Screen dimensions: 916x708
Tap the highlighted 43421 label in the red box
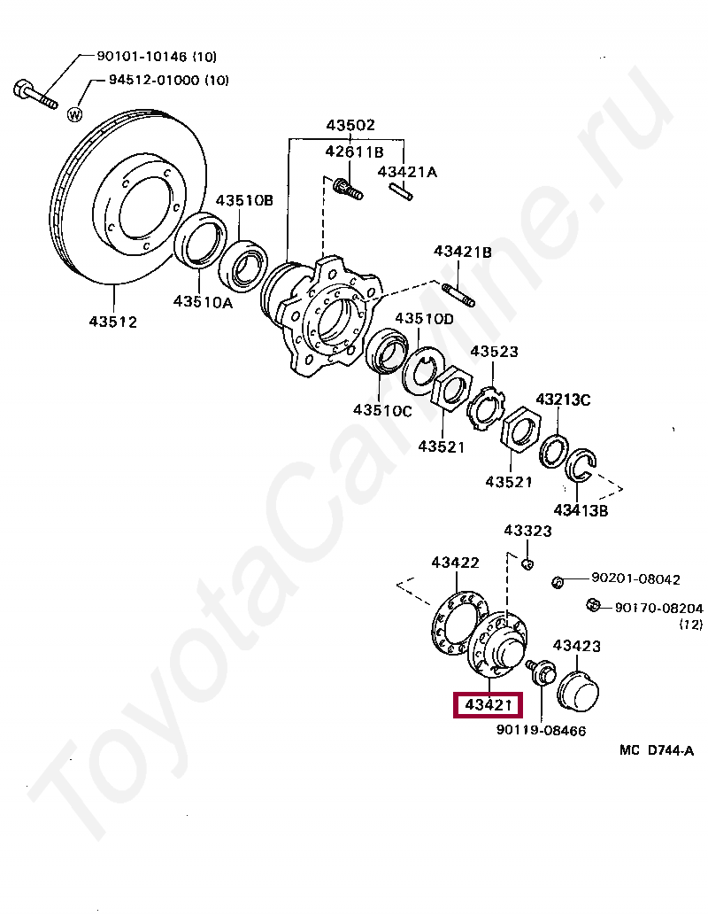(487, 705)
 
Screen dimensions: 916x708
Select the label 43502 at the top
(350, 125)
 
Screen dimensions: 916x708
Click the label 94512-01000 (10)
(168, 81)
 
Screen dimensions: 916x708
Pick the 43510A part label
(202, 301)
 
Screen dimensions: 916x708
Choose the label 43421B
(462, 252)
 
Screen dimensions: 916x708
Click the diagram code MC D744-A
(656, 750)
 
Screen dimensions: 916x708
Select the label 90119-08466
(541, 730)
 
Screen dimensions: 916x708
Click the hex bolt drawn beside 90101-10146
(35, 94)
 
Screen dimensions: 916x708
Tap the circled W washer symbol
(75, 114)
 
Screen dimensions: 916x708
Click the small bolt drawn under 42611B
(348, 188)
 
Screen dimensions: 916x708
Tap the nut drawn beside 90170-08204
(594, 606)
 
